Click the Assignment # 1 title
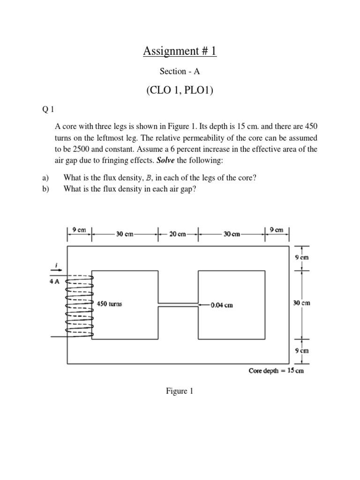180,51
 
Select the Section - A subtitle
180,71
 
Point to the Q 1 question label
48,110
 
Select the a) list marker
45,178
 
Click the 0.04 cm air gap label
221,305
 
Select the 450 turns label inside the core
109,304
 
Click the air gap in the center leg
179,305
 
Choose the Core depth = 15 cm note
276,370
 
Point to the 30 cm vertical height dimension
301,303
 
